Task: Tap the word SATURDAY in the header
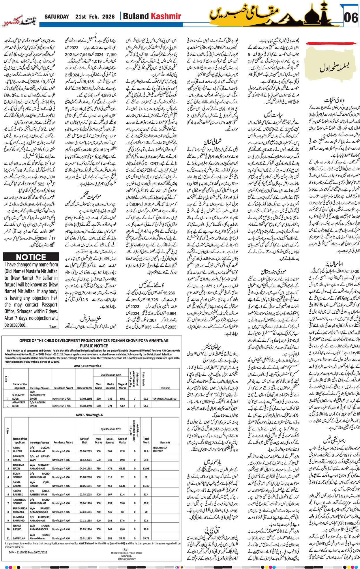pos(57,17)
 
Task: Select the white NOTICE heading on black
pos(31,257)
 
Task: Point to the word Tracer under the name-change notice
pos(53,326)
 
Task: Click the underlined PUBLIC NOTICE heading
pos(94,346)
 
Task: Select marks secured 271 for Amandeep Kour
pos(110,406)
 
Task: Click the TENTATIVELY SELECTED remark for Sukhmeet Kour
pos(164,399)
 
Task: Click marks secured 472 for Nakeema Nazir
pos(110,469)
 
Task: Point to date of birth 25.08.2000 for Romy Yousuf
pos(86,477)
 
